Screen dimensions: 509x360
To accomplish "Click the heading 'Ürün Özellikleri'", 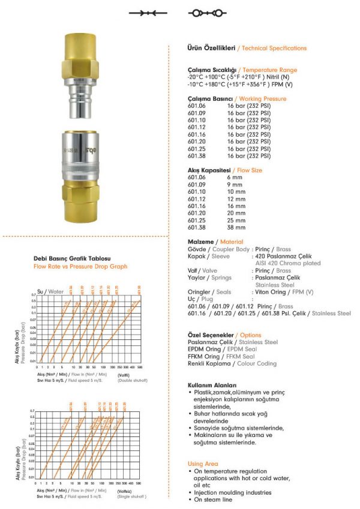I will (x=211, y=48).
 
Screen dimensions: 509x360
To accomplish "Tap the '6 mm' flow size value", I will (x=234, y=177).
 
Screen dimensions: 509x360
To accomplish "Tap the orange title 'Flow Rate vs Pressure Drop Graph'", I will (x=80, y=266).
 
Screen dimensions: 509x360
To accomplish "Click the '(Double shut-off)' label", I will (x=131, y=381).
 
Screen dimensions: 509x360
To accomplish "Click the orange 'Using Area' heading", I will (x=203, y=463).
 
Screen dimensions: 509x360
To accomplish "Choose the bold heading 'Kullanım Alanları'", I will (x=212, y=385).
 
